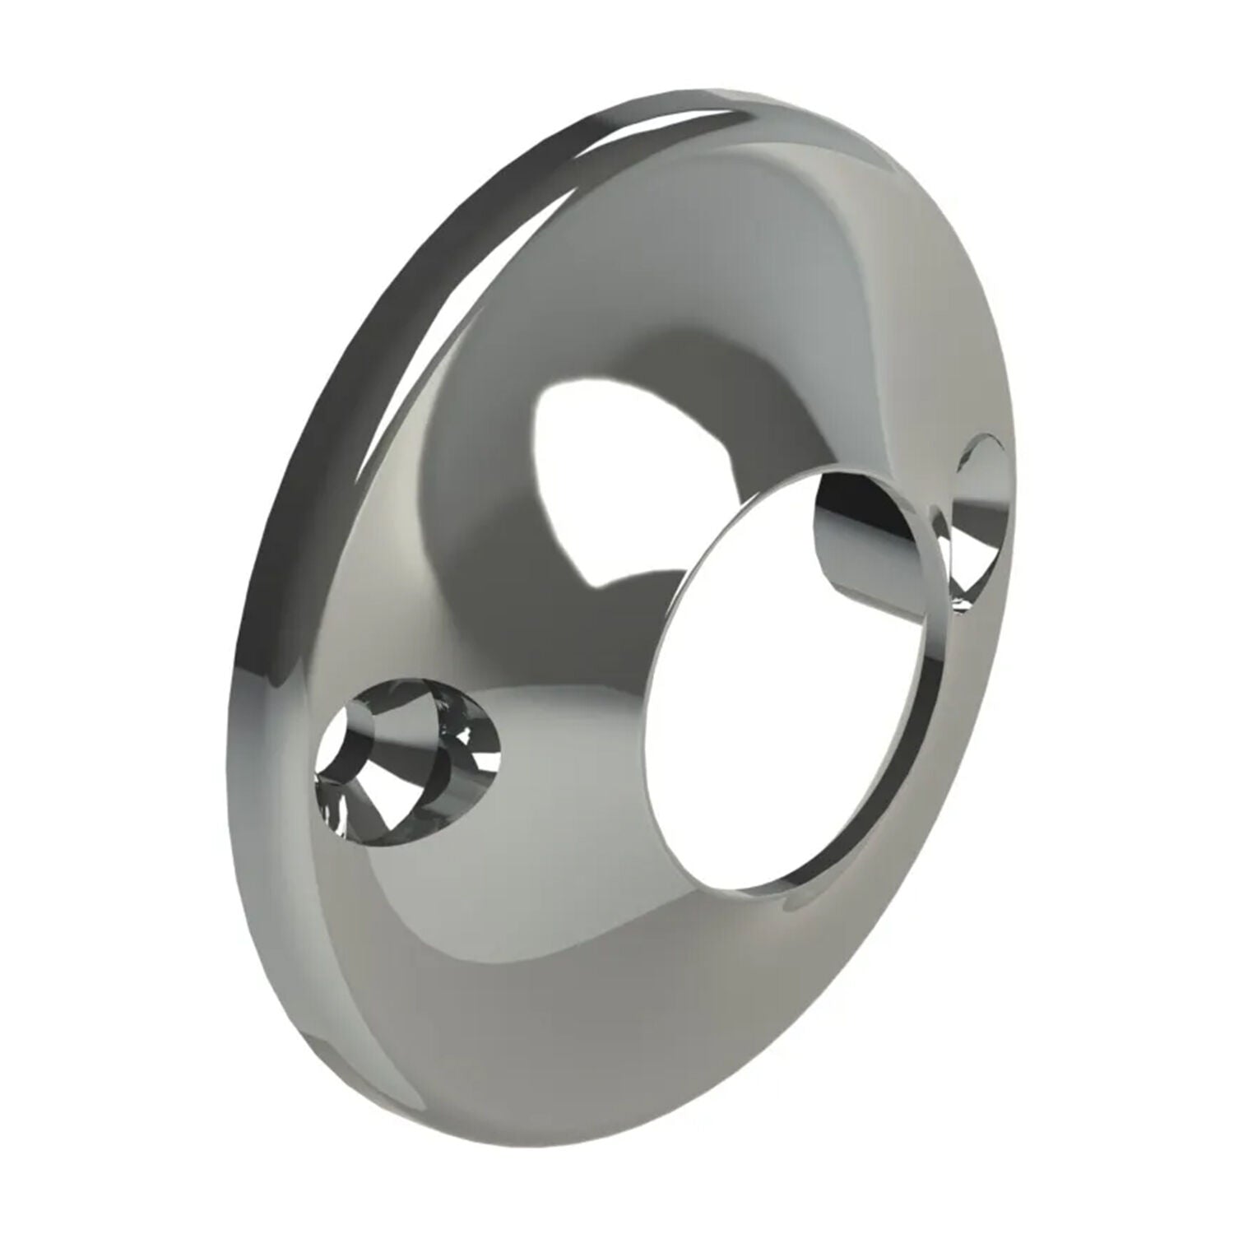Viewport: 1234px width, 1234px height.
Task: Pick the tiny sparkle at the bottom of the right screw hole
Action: [x=963, y=605]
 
